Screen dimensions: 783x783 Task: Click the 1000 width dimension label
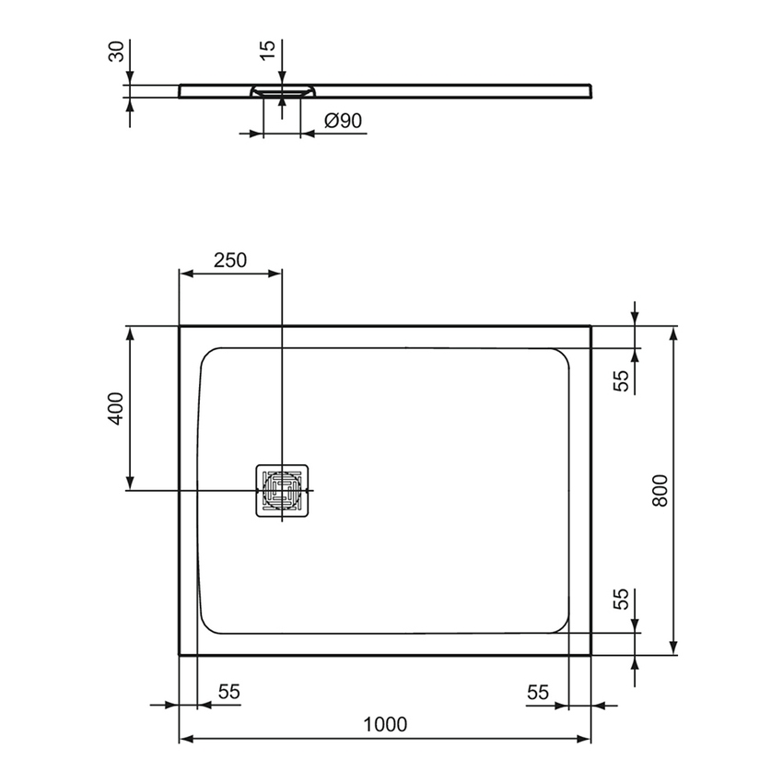click(384, 724)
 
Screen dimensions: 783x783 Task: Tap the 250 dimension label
click(230, 260)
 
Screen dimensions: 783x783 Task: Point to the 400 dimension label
click(115, 408)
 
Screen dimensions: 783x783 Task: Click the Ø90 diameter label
click(342, 120)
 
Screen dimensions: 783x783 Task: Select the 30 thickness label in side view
click(116, 53)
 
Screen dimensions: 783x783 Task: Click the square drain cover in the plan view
click(281, 490)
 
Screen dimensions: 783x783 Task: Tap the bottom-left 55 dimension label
click(229, 692)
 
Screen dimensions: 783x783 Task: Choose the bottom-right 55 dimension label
click(539, 692)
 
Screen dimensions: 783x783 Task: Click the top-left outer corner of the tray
click(179, 325)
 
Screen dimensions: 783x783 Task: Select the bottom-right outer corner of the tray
click(590, 655)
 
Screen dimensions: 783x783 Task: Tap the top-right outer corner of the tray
click(590, 325)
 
